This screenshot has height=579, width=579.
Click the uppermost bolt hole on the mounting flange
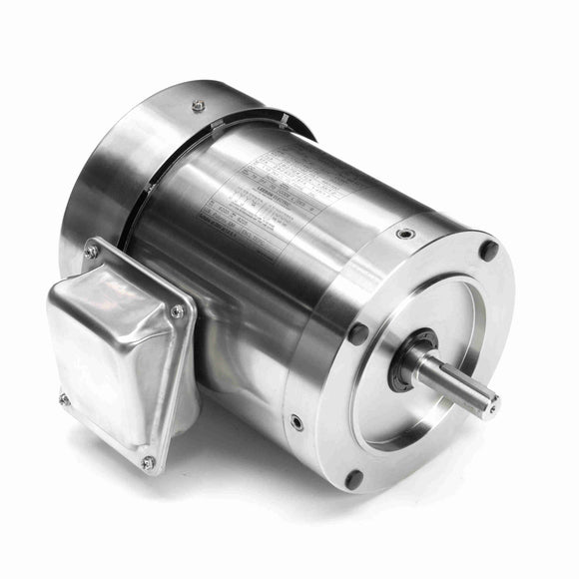click(x=489, y=250)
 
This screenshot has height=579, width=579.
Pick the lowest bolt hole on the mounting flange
click(x=353, y=479)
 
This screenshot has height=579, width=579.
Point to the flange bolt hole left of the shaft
click(x=357, y=334)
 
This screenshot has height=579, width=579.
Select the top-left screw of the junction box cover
click(x=92, y=252)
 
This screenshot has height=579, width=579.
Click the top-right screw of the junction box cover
click(x=178, y=311)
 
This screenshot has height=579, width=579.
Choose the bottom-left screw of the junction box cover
click(x=65, y=398)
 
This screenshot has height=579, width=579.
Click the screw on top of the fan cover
click(x=198, y=104)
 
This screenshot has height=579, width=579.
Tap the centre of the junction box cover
click(x=118, y=354)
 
